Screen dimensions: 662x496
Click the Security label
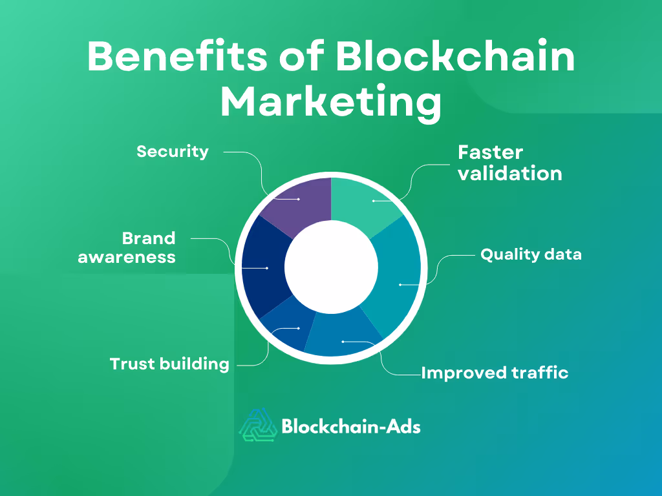173,152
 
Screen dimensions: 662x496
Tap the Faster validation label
509,163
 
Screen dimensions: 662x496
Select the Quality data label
531,254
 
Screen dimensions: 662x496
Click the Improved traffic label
495,373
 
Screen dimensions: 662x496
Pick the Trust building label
169,364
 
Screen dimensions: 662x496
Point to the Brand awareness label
127,247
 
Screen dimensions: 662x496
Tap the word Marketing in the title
331,103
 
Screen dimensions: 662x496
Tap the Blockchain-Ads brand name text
351,426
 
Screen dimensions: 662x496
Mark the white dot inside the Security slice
299,200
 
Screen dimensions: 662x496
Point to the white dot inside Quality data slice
400,284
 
